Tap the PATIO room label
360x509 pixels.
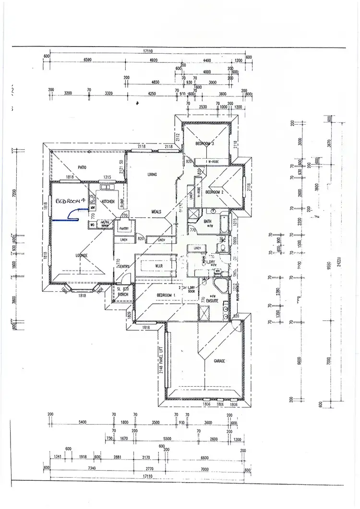pos(82,167)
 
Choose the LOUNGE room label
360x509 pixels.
pos(81,256)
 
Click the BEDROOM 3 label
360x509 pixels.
pos(207,144)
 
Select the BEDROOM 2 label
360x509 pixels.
pos(215,192)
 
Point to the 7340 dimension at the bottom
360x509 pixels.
pos(92,468)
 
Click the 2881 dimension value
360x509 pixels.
pos(118,457)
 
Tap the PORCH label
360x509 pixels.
pos(123,295)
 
